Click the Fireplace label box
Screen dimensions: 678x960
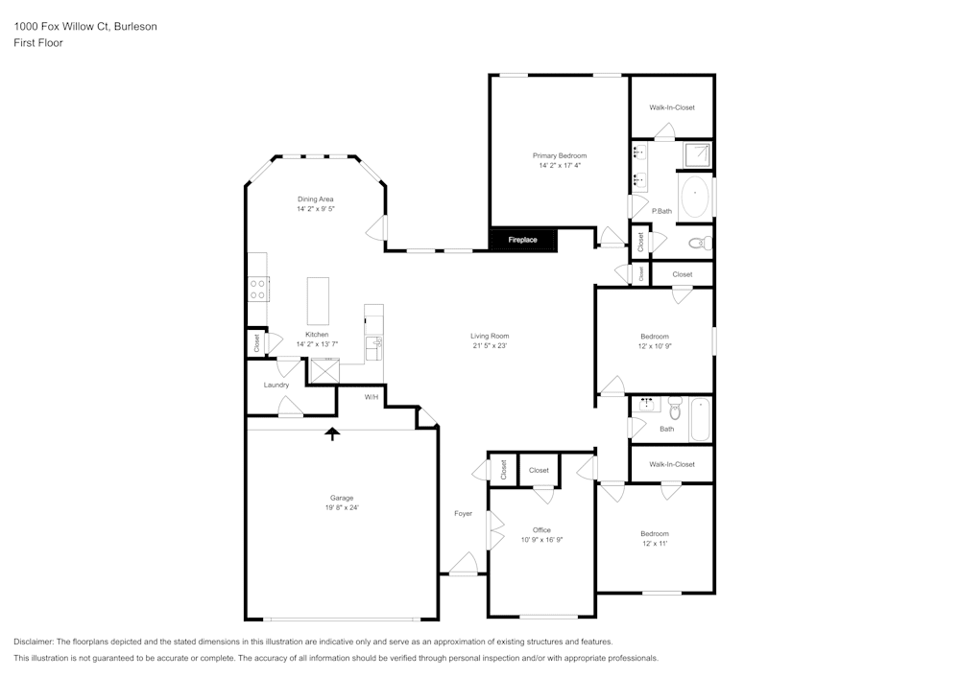523,240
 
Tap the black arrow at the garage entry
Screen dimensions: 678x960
332,433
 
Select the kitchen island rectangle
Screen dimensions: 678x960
318,302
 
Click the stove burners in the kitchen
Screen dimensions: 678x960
258,288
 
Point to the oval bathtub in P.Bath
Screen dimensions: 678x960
695,197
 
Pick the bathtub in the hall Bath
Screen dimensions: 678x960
700,419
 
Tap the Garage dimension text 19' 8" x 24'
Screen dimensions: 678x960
343,508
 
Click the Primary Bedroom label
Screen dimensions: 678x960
560,155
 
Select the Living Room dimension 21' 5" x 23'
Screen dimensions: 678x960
490,346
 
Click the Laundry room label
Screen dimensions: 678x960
276,385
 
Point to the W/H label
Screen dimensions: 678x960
372,397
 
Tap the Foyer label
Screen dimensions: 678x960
464,514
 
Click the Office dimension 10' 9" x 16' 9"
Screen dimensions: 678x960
541,540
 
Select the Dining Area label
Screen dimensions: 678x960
315,199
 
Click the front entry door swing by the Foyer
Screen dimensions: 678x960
465,565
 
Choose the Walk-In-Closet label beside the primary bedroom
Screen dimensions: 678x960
672,107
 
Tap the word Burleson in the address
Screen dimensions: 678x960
135,27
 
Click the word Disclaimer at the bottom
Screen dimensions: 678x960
34,642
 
